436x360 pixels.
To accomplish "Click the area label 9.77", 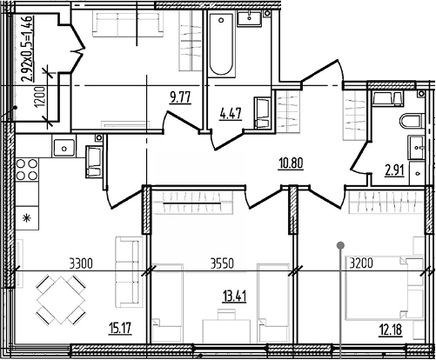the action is (x=180, y=97).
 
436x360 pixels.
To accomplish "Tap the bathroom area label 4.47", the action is (x=231, y=114).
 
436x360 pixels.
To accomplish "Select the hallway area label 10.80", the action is (x=291, y=163).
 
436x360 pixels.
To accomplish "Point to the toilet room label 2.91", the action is (x=394, y=170).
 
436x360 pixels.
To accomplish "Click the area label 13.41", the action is (x=234, y=297).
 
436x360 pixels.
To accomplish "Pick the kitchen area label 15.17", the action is (x=120, y=329).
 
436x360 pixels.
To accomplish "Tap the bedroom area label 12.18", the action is (x=391, y=330).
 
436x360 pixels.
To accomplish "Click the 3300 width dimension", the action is (x=81, y=264).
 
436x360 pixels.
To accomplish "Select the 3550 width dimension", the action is (x=222, y=263).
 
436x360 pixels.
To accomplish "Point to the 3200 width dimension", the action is (x=361, y=263).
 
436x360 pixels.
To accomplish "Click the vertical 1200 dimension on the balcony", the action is (x=41, y=97).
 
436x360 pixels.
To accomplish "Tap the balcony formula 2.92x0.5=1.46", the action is (x=27, y=49).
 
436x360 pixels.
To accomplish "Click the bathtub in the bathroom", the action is (x=221, y=43).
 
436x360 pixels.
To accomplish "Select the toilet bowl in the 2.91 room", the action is (x=410, y=121).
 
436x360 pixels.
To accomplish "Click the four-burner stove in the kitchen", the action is (x=27, y=170).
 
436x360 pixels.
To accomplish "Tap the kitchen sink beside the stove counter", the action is (x=64, y=147).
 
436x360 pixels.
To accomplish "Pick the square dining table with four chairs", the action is (x=61, y=300).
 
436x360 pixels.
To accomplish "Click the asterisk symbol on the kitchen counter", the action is (x=27, y=218).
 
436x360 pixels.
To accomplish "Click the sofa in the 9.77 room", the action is (x=127, y=24).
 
